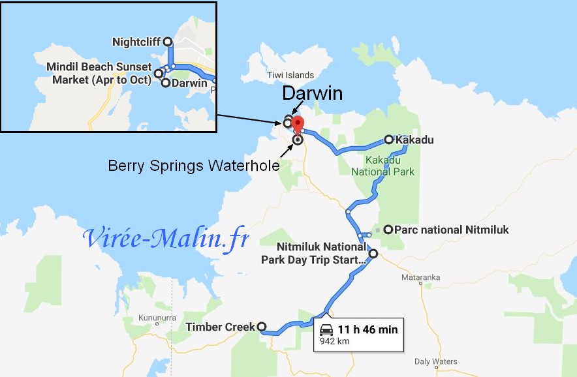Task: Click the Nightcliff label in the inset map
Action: click(x=136, y=42)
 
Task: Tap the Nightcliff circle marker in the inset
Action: click(x=167, y=42)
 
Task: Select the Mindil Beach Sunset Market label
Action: click(x=99, y=73)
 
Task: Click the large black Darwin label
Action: click(x=312, y=93)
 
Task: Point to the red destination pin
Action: click(x=298, y=124)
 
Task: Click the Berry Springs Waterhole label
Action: click(x=193, y=166)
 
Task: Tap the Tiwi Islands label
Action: click(x=290, y=75)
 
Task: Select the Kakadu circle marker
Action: click(x=388, y=140)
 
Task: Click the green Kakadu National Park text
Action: click(x=382, y=166)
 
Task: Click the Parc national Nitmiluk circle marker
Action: click(x=388, y=230)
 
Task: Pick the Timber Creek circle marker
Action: click(x=261, y=327)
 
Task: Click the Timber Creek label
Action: click(x=220, y=327)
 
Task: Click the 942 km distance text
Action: click(x=334, y=340)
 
